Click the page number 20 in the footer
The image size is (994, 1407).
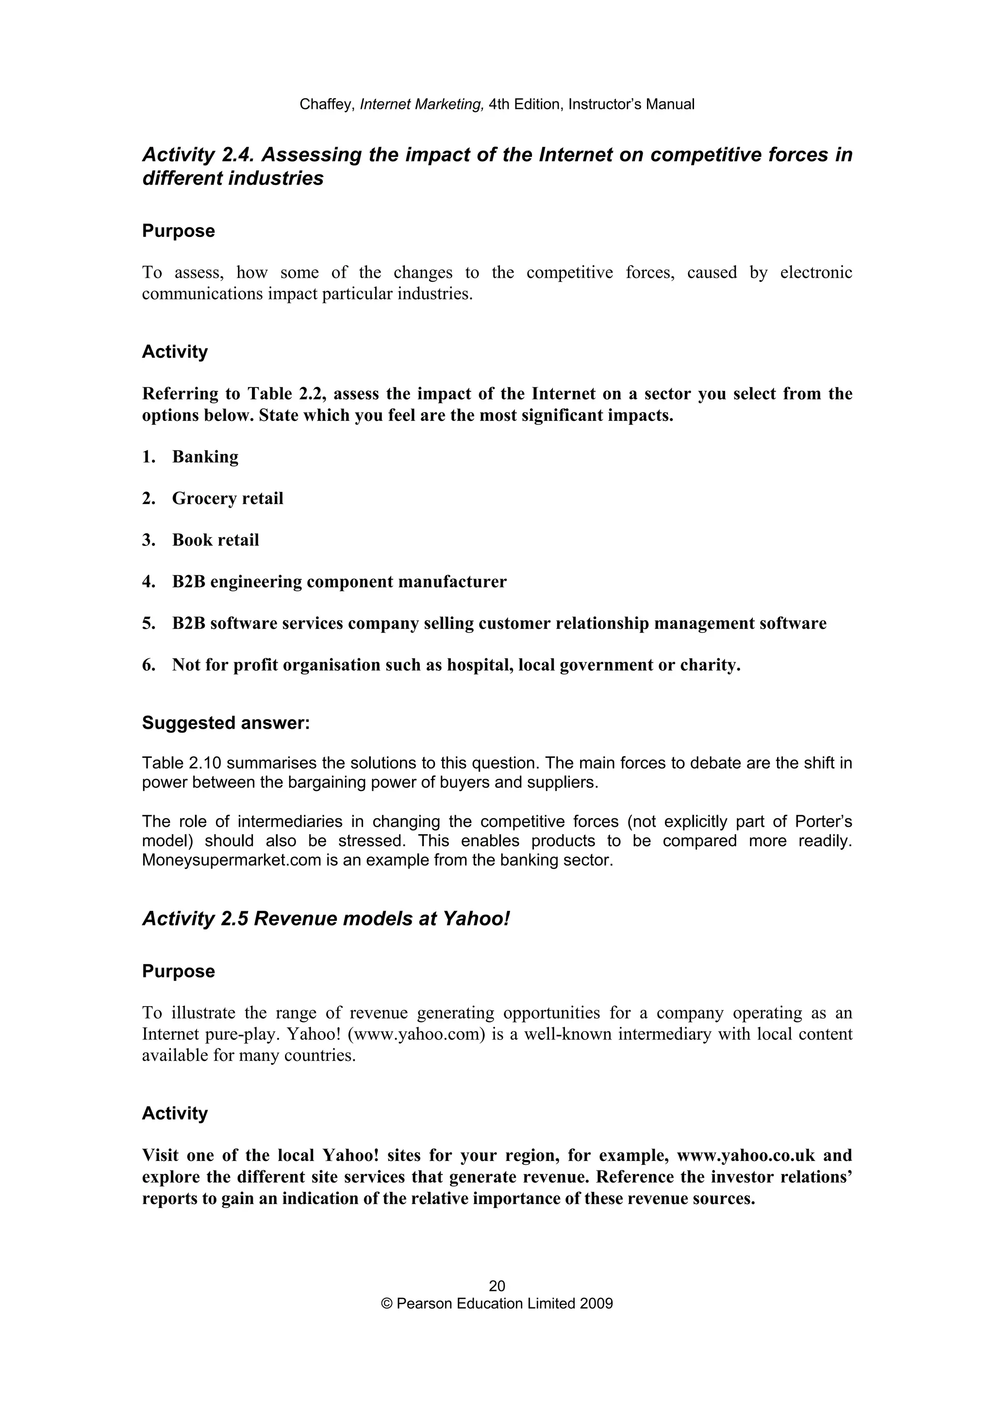tap(497, 1286)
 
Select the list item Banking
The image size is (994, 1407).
tap(205, 456)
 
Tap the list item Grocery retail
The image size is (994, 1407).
tap(227, 498)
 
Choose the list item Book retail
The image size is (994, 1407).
tap(215, 540)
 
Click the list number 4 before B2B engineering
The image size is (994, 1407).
tap(148, 582)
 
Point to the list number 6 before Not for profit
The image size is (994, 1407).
tap(148, 665)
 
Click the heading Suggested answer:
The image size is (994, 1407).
tap(226, 723)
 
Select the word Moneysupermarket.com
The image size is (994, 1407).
tap(232, 860)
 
